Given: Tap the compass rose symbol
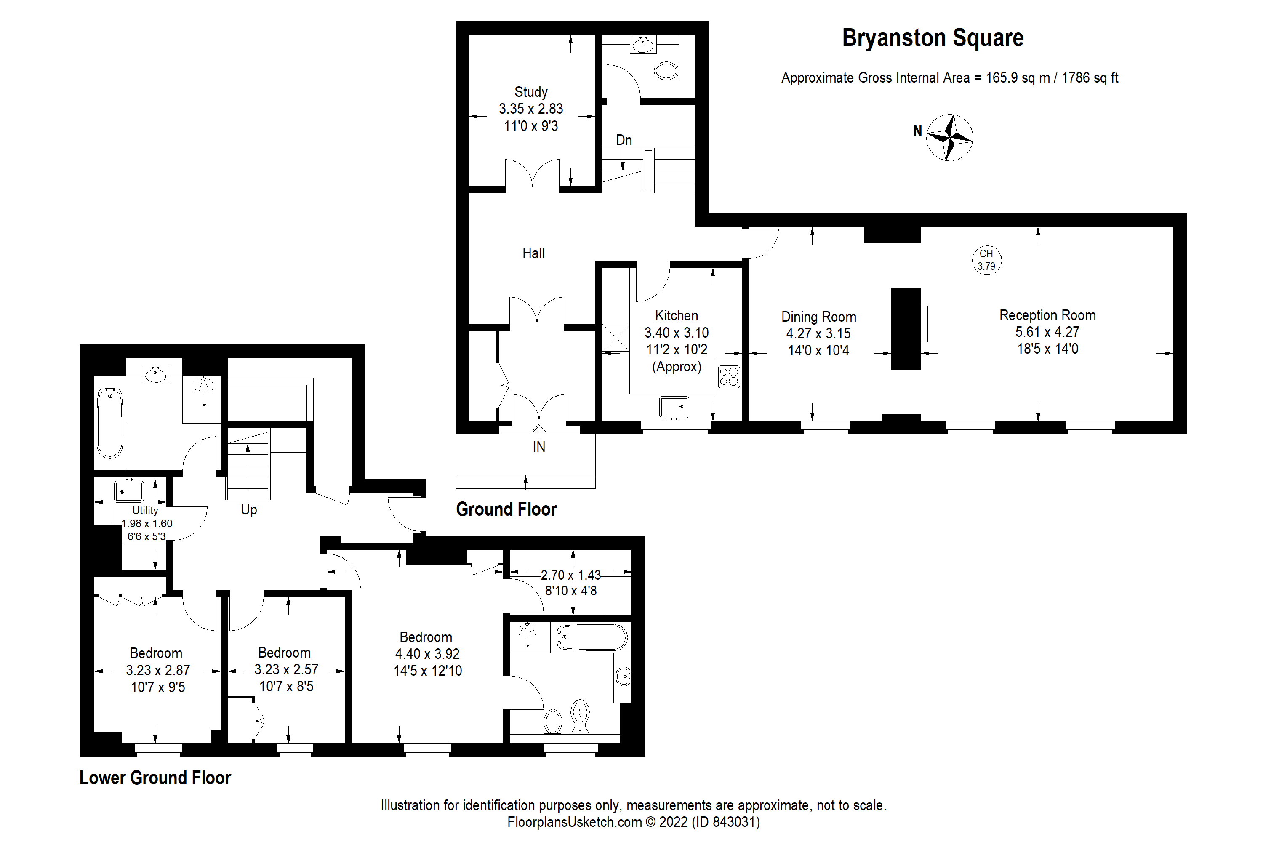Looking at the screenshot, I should tap(949, 138).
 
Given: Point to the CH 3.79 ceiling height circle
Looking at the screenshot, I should tap(986, 260).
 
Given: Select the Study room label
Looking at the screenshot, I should tap(530, 92).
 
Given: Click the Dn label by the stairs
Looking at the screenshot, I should tap(624, 140).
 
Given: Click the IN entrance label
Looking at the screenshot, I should tap(538, 447).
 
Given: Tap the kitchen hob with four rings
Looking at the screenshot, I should tap(729, 376).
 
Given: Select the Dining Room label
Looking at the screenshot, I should tap(818, 317).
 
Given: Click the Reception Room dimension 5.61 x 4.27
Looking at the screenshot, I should tap(1047, 332).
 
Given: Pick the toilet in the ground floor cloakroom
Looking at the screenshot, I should tap(666, 71).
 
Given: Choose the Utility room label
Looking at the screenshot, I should tap(145, 511).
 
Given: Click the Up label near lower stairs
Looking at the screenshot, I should tap(249, 509).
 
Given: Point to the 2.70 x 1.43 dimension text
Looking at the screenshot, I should tap(570, 575).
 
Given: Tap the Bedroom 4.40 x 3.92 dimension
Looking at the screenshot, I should tap(427, 654).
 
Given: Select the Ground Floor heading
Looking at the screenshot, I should tap(506, 509).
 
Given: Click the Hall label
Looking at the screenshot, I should tap(533, 253).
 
